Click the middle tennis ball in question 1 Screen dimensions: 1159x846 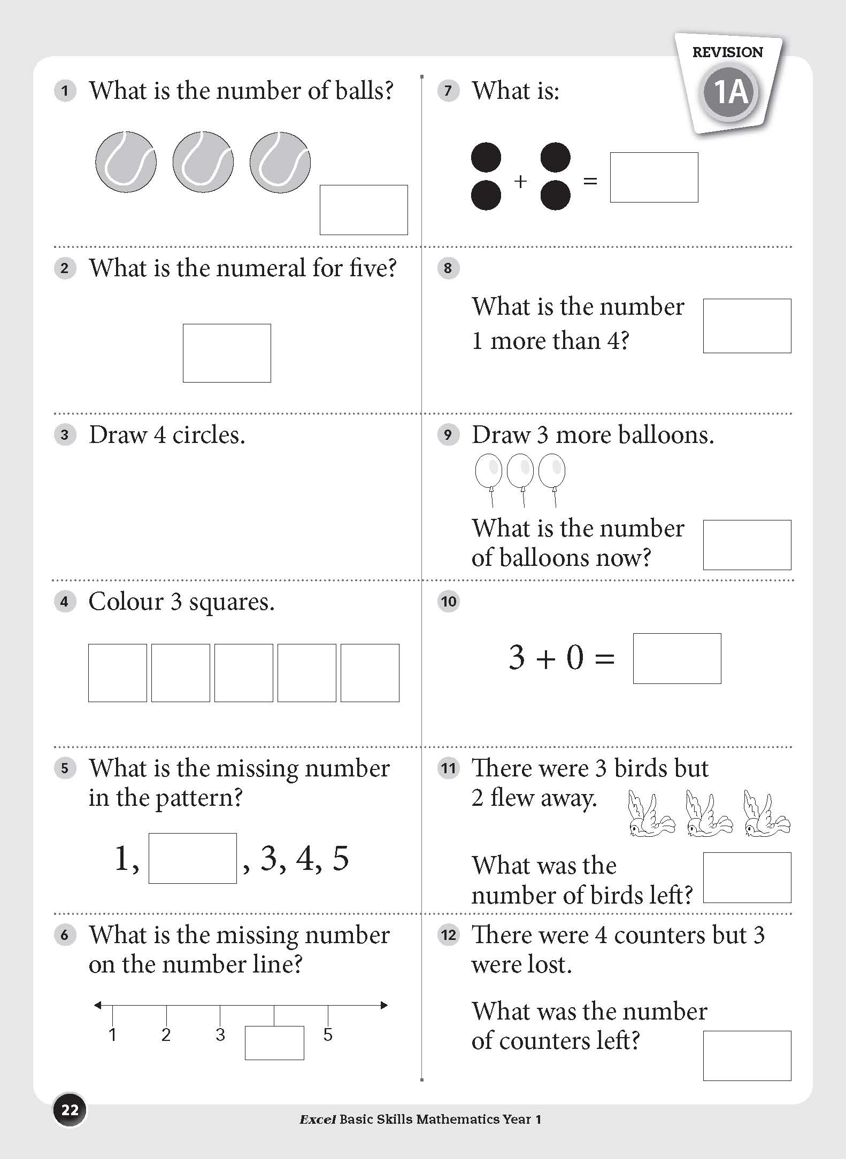point(203,162)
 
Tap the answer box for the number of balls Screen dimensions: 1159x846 point(364,209)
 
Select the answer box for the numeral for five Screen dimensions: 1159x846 point(227,353)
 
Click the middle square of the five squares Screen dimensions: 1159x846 point(244,672)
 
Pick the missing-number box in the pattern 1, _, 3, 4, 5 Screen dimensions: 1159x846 point(193,858)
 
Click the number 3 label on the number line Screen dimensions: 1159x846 point(220,1034)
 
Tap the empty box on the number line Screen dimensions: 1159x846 point(274,1042)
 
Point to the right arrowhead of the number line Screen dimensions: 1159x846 point(384,1005)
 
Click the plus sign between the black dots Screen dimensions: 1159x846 point(520,182)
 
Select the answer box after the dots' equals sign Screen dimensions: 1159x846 point(654,177)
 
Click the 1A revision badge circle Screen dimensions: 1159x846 point(729,92)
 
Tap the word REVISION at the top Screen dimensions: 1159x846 point(727,52)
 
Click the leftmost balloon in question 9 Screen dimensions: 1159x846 point(488,471)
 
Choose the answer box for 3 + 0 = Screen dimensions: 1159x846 point(677,658)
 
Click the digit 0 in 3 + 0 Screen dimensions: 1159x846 point(574,657)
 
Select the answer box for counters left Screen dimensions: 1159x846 point(747,1055)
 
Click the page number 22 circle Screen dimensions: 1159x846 point(70,1110)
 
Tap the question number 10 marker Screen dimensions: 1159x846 point(448,602)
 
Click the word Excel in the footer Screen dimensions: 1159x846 point(317,1119)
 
